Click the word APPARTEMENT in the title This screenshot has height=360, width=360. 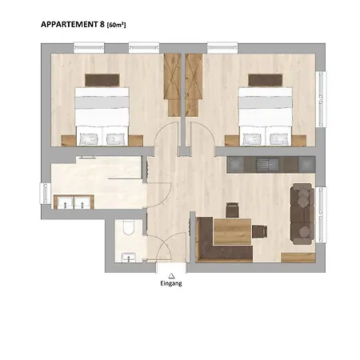(x=70, y=24)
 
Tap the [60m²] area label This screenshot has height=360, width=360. (x=116, y=25)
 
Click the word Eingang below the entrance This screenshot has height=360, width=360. (x=171, y=283)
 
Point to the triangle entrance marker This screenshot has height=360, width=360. (x=171, y=275)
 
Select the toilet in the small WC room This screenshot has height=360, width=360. (x=129, y=227)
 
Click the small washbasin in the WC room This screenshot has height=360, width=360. (x=129, y=258)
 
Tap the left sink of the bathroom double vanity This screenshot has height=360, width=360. (x=65, y=202)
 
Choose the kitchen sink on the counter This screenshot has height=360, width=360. (x=267, y=164)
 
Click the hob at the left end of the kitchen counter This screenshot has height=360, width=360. (x=235, y=165)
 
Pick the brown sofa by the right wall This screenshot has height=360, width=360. (x=303, y=214)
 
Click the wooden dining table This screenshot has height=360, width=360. (x=232, y=231)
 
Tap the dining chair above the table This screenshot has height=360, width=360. (x=232, y=210)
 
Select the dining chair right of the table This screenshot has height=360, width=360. (x=259, y=231)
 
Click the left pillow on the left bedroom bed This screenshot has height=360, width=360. (x=89, y=139)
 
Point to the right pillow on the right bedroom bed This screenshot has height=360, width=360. (x=279, y=139)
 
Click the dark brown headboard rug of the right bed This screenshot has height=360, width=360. (x=265, y=80)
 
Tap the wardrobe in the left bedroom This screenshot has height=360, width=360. (x=172, y=85)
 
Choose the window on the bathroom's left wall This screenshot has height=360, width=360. (x=46, y=194)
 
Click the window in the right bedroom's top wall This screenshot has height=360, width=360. (x=222, y=47)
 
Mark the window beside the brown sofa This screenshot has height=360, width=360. (x=321, y=214)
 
